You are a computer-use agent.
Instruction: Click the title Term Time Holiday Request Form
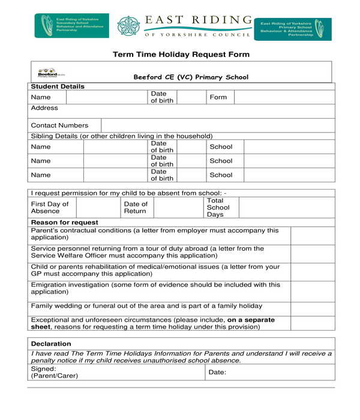[x=181, y=55]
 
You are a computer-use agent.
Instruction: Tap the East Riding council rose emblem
[x=127, y=26]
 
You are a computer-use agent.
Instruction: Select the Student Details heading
[x=58, y=86]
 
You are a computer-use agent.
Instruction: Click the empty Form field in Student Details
[x=284, y=97]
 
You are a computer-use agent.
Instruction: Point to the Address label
[x=44, y=108]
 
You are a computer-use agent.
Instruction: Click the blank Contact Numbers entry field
[x=217, y=125]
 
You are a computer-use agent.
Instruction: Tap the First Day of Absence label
[x=50, y=208]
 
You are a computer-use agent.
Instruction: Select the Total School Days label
[x=218, y=208]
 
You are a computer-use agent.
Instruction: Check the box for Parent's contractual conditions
[x=313, y=235]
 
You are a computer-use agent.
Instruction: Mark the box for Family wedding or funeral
[x=313, y=307]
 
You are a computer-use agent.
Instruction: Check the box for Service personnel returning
[x=313, y=253]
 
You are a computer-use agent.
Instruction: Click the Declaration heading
[x=51, y=344]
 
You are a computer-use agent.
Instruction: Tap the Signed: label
[x=43, y=369]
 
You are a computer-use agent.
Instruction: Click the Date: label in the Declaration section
[x=217, y=373]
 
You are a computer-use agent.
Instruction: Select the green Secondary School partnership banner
[x=72, y=26]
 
